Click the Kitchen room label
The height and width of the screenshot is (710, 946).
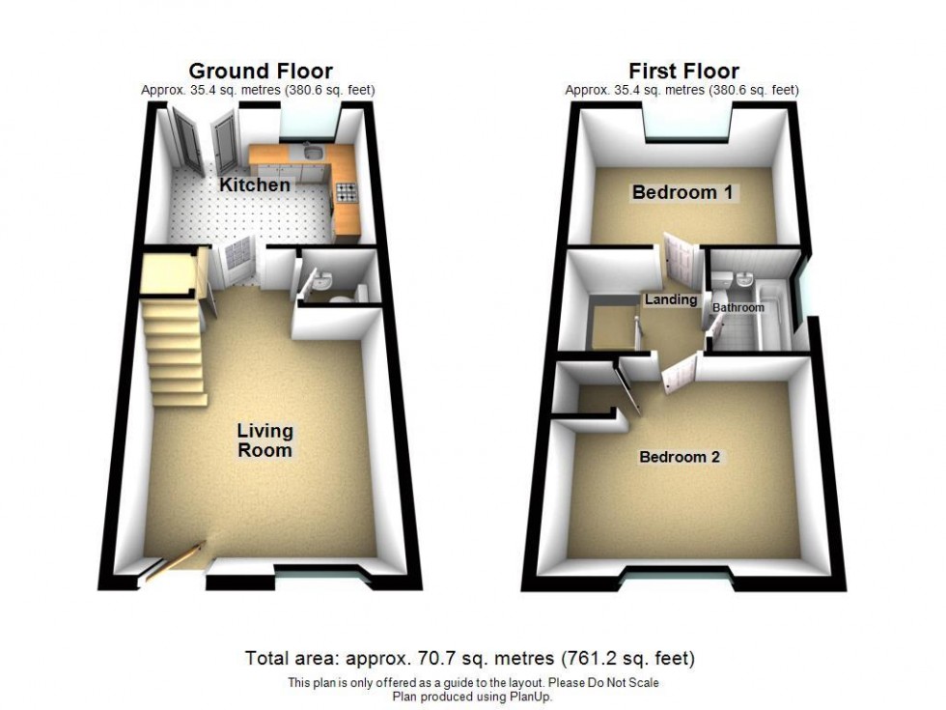[x=254, y=185]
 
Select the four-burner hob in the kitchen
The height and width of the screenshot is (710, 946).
[x=345, y=193]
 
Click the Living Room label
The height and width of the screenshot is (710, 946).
[x=265, y=440]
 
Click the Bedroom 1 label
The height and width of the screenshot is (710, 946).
[x=682, y=192]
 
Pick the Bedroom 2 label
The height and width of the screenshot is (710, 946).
[x=680, y=457]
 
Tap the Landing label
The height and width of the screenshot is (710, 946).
[x=671, y=299]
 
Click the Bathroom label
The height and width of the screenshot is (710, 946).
[x=738, y=307]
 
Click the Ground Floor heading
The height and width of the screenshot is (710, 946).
[x=261, y=71]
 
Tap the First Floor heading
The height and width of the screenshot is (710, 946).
[x=683, y=71]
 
